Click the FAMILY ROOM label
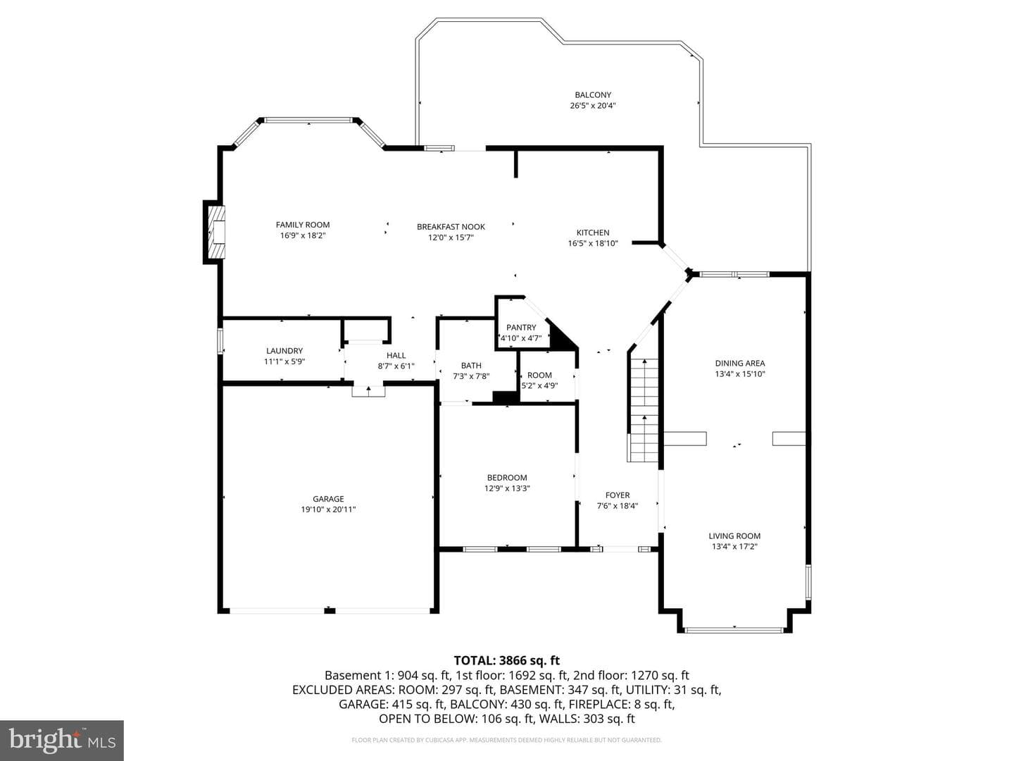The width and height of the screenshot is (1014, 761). (303, 225)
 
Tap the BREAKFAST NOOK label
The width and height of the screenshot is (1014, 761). (451, 226)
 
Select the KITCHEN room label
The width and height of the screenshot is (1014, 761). (593, 233)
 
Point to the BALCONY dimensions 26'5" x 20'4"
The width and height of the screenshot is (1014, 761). (593, 106)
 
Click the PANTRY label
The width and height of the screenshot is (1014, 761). (521, 327)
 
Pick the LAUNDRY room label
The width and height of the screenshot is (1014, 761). (284, 351)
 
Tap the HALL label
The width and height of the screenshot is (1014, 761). (396, 355)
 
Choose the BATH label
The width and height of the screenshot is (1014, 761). (471, 366)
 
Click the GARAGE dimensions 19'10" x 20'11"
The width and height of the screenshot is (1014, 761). (328, 509)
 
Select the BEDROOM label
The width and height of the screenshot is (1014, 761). (507, 477)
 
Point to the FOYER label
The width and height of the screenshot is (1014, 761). (617, 495)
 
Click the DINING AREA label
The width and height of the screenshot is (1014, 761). (739, 363)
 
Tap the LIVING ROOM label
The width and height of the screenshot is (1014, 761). (734, 536)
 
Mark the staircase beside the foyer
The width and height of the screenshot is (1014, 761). (643, 410)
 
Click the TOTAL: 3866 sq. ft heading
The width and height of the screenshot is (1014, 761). (506, 660)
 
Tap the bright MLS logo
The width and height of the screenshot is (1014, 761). (62, 740)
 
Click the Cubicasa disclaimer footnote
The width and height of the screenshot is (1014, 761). (506, 740)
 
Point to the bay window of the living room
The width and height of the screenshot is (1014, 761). (734, 629)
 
